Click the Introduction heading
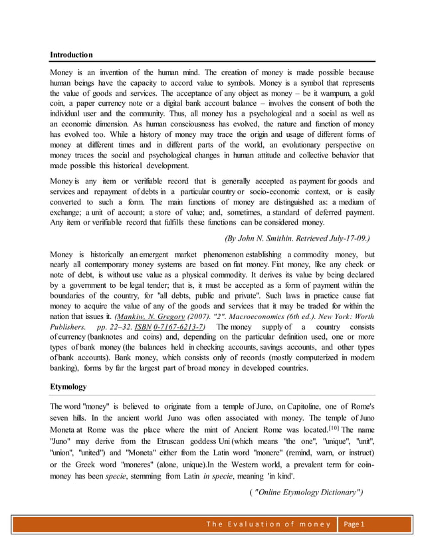72,54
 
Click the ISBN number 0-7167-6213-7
179,327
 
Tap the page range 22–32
112,327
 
